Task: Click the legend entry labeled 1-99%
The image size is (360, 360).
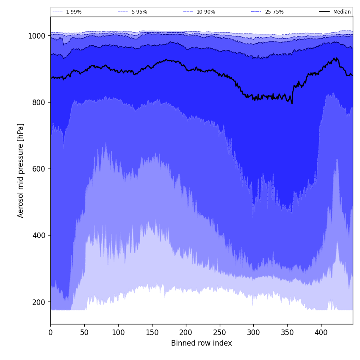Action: tap(74, 12)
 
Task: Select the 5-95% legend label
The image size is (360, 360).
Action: tap(139, 12)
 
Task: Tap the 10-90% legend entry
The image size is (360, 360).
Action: tap(205, 12)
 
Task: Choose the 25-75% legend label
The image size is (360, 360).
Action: tap(274, 12)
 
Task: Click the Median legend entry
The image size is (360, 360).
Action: tap(342, 12)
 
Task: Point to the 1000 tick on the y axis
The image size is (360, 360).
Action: tap(36, 36)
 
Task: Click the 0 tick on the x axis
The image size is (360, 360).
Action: tap(50, 332)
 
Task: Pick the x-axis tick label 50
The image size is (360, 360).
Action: tap(84, 332)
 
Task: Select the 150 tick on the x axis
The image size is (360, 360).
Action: tap(152, 332)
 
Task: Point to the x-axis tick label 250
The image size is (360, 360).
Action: tap(219, 332)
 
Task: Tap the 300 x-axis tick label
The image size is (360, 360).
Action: tap(253, 332)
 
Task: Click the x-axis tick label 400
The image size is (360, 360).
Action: tap(321, 332)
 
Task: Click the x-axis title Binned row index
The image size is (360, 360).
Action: tap(201, 343)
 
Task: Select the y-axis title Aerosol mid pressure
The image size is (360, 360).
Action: tap(21, 170)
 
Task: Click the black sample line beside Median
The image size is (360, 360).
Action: tap(325, 12)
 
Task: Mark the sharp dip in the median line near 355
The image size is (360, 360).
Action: tap(292, 103)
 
